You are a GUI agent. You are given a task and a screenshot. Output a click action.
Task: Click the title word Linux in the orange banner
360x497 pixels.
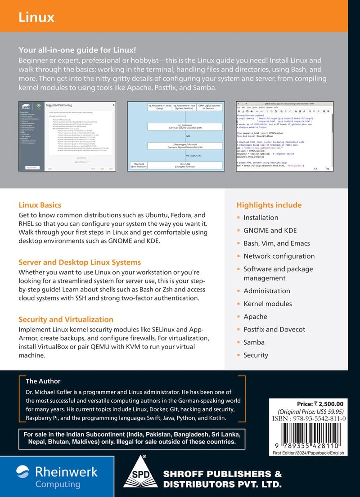(36, 17)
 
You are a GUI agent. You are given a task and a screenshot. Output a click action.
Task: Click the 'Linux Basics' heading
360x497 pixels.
(40, 205)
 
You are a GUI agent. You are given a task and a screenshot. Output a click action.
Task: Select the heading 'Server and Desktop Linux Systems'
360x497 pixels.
(80, 262)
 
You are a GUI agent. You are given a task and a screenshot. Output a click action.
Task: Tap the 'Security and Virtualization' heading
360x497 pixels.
(66, 319)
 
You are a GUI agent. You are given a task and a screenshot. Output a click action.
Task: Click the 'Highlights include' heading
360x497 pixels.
(269, 205)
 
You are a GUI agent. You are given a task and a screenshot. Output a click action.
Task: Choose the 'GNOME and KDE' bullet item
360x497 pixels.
(270, 230)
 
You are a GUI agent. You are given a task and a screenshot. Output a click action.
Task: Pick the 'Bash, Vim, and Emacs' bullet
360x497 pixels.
(277, 243)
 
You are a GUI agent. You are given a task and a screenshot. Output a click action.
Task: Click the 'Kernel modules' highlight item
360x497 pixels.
(268, 304)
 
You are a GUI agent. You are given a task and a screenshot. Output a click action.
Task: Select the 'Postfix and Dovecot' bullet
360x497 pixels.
(274, 329)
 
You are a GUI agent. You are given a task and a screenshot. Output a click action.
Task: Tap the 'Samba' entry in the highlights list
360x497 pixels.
(254, 342)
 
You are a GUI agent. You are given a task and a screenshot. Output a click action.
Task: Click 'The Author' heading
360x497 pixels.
(43, 381)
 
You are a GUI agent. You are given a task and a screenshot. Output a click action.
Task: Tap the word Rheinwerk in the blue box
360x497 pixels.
(66, 471)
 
